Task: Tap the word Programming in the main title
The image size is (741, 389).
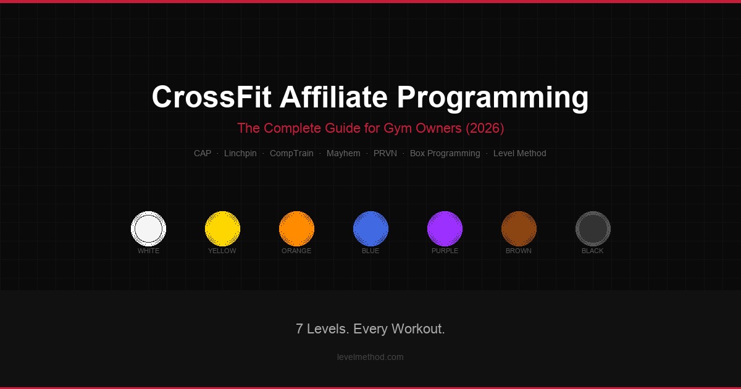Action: click(492, 98)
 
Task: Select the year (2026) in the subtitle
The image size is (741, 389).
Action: click(485, 128)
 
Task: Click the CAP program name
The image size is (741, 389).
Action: click(203, 153)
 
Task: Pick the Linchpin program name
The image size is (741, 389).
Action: click(240, 153)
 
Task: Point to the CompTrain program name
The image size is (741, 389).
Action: click(291, 153)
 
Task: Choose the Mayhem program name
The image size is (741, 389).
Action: click(343, 153)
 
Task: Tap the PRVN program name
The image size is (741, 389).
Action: click(385, 153)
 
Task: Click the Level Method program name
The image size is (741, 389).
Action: click(519, 153)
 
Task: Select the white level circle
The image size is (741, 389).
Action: click(148, 228)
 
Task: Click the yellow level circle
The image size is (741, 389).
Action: click(222, 228)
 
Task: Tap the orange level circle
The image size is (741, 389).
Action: click(296, 228)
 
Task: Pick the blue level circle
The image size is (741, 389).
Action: click(371, 228)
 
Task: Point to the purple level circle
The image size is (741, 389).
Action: click(445, 228)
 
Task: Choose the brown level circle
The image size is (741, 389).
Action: click(519, 228)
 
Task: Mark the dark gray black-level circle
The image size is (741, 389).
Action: click(593, 228)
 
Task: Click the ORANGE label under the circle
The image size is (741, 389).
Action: click(296, 251)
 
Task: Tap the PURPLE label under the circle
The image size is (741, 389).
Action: click(445, 251)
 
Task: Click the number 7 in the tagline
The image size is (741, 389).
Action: click(299, 329)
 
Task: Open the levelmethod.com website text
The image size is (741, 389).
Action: click(371, 357)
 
